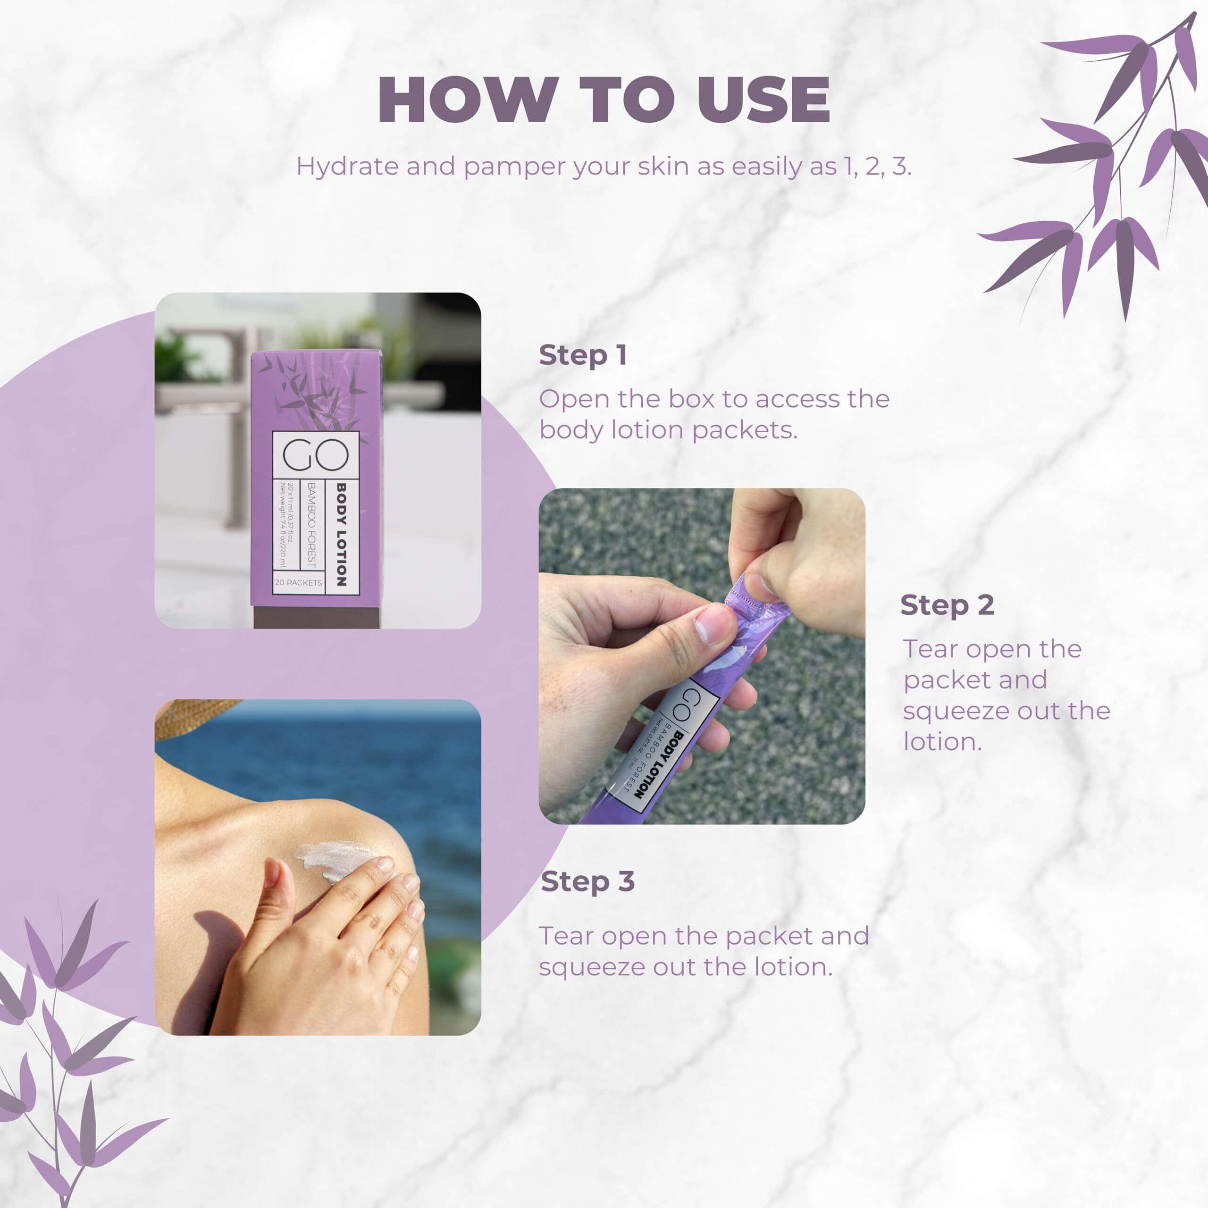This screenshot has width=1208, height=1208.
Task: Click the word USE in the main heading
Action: [x=763, y=100]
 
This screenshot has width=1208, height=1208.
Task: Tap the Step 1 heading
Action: [x=583, y=355]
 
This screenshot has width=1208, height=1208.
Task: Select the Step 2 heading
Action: [x=947, y=605]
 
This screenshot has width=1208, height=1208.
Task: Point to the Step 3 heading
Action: [x=588, y=881]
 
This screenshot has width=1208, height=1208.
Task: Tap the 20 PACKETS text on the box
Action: [x=298, y=583]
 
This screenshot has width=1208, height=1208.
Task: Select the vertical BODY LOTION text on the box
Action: [x=341, y=535]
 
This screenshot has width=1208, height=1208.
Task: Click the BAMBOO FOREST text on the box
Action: [x=311, y=524]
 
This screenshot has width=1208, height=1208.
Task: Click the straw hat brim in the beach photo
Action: [x=188, y=716]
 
